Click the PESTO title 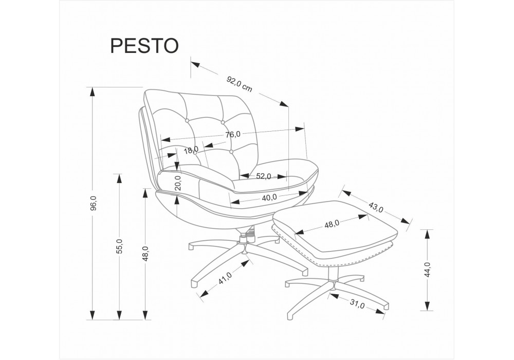(x=144, y=45)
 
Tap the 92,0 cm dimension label (x=240, y=84)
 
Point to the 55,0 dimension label (x=120, y=246)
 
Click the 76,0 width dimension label (x=233, y=134)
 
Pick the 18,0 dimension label (x=191, y=151)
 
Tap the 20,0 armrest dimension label (x=178, y=183)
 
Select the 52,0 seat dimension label (x=263, y=176)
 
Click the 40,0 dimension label (x=269, y=197)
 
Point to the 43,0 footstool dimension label (x=376, y=207)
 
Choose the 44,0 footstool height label (x=427, y=269)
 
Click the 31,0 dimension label (x=357, y=304)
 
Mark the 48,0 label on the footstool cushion (x=332, y=224)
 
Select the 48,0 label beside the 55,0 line (x=146, y=253)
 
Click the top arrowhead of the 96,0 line (x=93, y=92)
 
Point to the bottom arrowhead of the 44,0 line (x=427, y=305)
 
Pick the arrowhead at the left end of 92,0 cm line (x=195, y=64)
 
